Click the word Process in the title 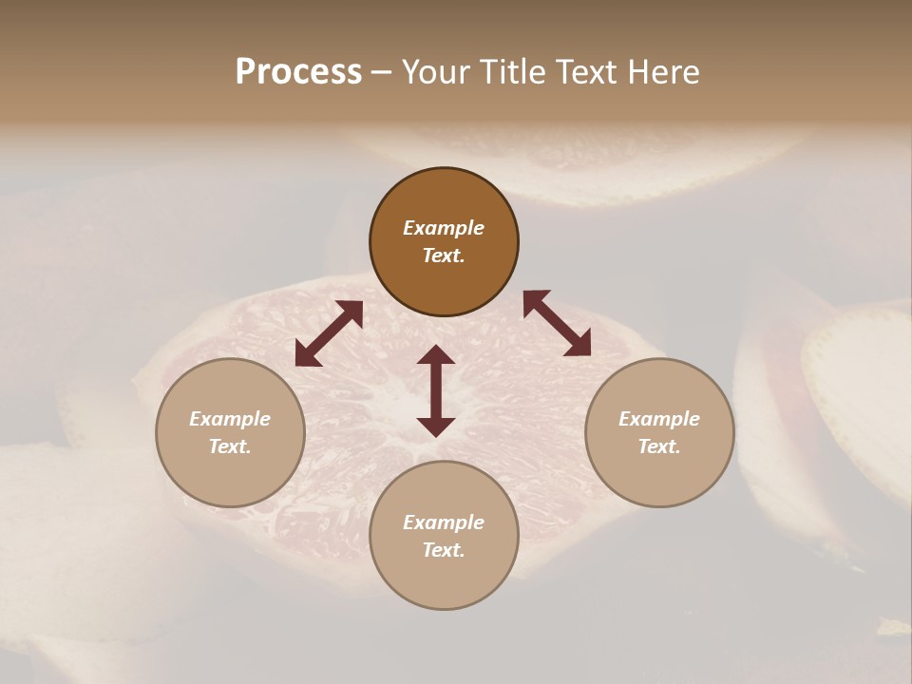pyautogui.click(x=298, y=72)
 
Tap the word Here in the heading pyautogui.click(x=662, y=72)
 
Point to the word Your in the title pyautogui.click(x=436, y=72)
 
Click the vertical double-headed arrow pyautogui.click(x=436, y=390)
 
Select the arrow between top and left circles pyautogui.click(x=329, y=333)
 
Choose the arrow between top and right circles pyautogui.click(x=557, y=323)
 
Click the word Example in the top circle pyautogui.click(x=444, y=228)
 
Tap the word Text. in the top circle pyautogui.click(x=444, y=256)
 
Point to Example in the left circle pyautogui.click(x=230, y=419)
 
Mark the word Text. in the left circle pyautogui.click(x=230, y=446)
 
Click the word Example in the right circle pyautogui.click(x=659, y=419)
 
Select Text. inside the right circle pyautogui.click(x=659, y=446)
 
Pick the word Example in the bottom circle pyautogui.click(x=444, y=522)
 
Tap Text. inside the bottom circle pyautogui.click(x=444, y=550)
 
